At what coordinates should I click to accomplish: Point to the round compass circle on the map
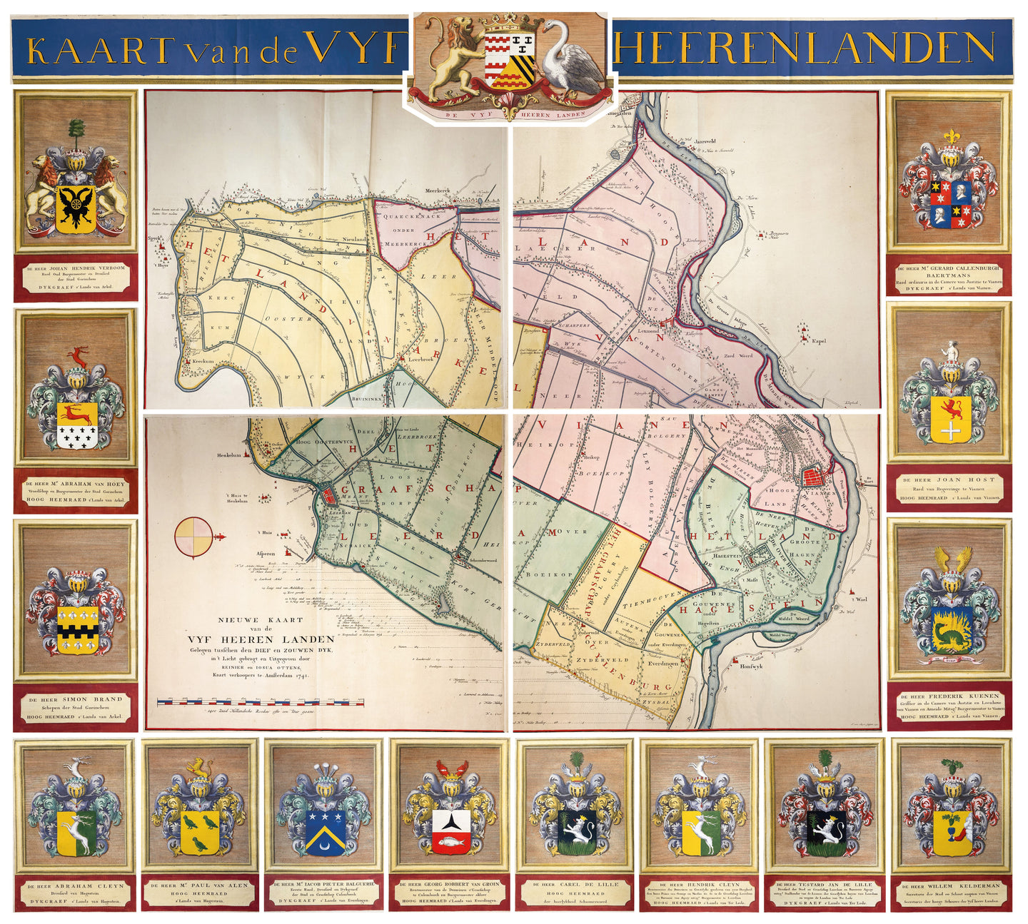(194, 537)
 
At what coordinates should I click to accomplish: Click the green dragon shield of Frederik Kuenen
(949, 629)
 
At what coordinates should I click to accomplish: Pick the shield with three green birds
(200, 831)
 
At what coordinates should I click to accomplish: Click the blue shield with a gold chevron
(326, 831)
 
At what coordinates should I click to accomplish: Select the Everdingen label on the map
(663, 663)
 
